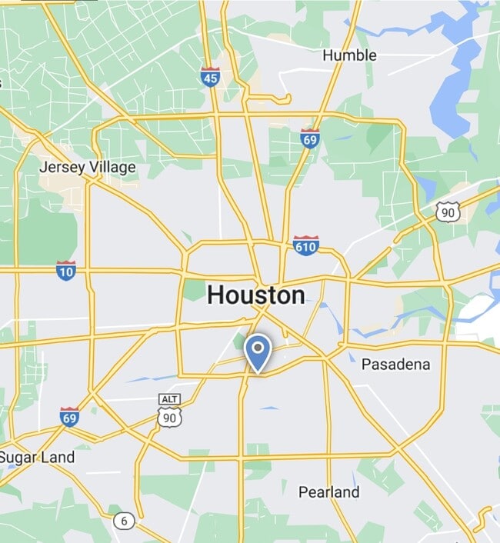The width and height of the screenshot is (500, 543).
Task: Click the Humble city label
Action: click(349, 55)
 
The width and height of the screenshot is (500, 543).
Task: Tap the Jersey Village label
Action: click(87, 167)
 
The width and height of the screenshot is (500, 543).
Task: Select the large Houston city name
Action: click(255, 295)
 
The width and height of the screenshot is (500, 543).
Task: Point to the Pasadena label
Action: click(395, 364)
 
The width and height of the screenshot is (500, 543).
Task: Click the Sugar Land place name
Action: click(37, 457)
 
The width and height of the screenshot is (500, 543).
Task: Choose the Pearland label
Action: click(328, 491)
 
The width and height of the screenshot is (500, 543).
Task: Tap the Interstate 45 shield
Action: click(210, 76)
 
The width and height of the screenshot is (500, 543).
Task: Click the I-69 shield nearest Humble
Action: click(310, 139)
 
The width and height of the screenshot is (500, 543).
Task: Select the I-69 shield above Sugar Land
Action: click(69, 417)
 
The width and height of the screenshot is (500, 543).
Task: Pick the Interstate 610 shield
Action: click(305, 245)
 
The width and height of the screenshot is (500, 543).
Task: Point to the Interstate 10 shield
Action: click(66, 270)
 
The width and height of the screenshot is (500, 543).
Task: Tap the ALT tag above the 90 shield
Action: click(169, 399)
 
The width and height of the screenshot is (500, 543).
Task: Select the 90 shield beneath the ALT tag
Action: click(169, 416)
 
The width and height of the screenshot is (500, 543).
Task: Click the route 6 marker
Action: click(124, 521)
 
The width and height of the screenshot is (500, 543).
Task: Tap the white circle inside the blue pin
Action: click(257, 348)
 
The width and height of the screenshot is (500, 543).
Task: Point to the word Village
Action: click(112, 167)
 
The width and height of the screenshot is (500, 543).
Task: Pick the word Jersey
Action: click(62, 167)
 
